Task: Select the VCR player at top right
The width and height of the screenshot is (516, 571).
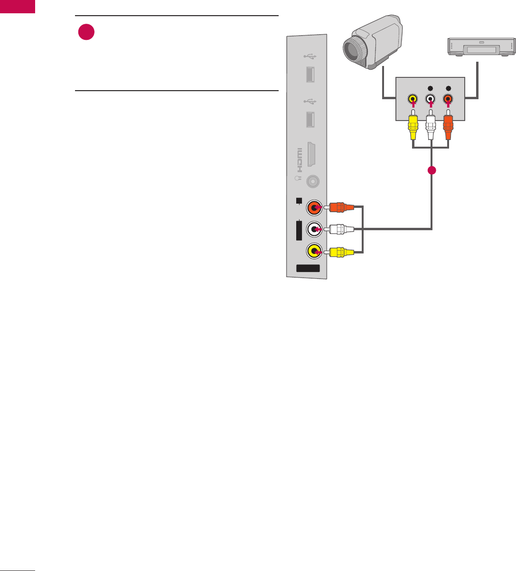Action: pos(480,47)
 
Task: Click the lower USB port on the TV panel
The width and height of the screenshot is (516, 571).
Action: pos(310,118)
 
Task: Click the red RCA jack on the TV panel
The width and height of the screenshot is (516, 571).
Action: pos(314,207)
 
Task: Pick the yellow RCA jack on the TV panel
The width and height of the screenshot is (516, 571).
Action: pos(314,251)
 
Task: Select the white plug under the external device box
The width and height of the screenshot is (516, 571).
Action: pos(431,126)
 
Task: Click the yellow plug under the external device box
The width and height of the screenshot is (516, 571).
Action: pos(413,126)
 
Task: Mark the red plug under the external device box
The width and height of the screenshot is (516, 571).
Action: pos(448,126)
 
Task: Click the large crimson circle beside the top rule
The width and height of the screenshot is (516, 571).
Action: pos(86,33)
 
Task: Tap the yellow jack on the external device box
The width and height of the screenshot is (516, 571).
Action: pos(413,100)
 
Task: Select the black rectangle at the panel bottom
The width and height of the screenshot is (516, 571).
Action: pos(308,268)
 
